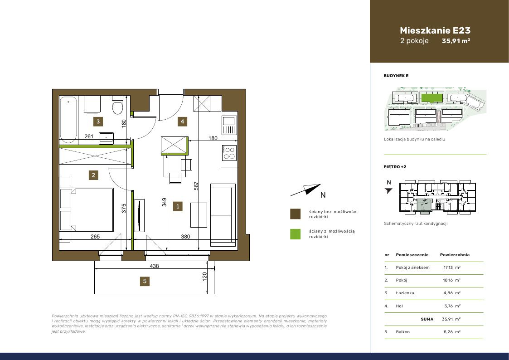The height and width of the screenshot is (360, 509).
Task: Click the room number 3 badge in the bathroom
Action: [98, 122]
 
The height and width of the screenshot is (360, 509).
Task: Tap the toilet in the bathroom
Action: [117, 105]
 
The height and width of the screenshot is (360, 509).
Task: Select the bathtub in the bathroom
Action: [68, 119]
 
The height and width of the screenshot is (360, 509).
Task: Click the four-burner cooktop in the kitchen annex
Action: [229, 153]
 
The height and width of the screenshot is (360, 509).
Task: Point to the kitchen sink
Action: [229, 125]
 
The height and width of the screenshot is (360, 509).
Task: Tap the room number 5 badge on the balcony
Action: [145, 281]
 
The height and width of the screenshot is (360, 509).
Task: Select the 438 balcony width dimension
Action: [154, 266]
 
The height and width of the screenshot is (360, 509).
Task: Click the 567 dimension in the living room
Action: [196, 186]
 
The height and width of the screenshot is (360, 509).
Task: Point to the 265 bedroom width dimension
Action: [95, 237]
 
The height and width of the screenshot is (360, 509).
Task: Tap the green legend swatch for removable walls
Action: [295, 234]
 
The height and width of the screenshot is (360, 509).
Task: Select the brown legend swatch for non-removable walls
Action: [295, 214]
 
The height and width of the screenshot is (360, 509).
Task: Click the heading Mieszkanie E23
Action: [435, 30]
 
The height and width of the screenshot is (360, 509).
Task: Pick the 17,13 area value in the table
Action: [448, 268]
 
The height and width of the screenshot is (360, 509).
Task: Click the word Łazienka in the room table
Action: [405, 293]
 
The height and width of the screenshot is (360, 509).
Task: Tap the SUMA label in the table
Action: [427, 319]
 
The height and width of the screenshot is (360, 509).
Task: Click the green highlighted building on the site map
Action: [432, 97]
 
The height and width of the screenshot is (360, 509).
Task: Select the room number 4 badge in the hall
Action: [183, 122]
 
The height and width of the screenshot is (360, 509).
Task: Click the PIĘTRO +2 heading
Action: [395, 167]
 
